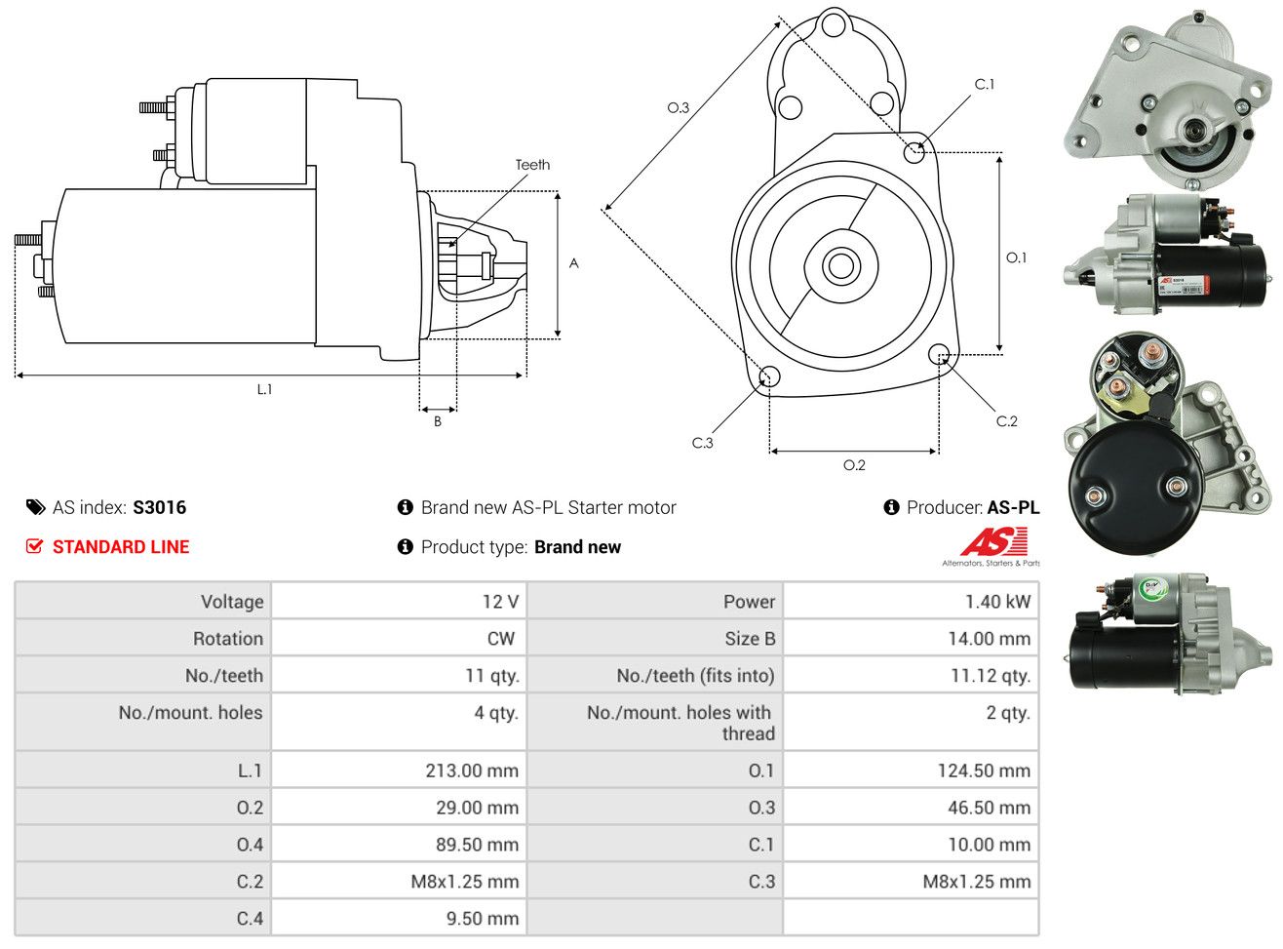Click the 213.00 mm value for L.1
tap(472, 771)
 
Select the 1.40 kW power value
tap(997, 602)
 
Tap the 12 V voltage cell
tap(500, 602)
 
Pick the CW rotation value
tap(500, 639)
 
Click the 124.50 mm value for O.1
tap(984, 771)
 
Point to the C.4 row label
tap(250, 919)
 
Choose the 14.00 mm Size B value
tap(989, 639)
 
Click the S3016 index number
tap(159, 507)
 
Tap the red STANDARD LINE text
tap(121, 547)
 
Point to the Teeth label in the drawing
tap(532, 165)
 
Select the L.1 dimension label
tap(264, 389)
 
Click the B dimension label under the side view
tap(438, 421)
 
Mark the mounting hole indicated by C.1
tap(914, 152)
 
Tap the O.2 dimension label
tap(854, 465)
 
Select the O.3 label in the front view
tap(678, 107)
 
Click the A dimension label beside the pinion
tap(574, 263)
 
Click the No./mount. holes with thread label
tap(679, 723)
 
